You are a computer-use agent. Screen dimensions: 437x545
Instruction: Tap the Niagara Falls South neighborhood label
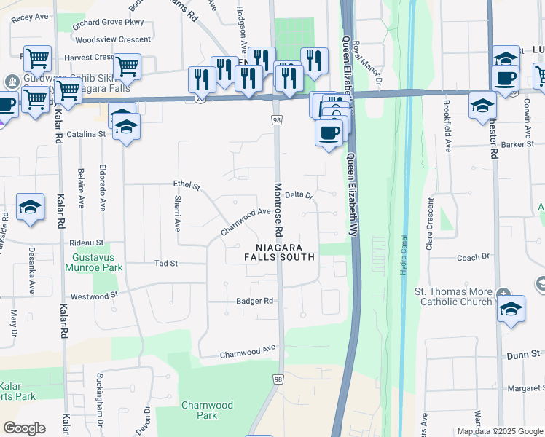tap(280, 252)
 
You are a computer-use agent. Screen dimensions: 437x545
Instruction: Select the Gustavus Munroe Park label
tap(98, 263)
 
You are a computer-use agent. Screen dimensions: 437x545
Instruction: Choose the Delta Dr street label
tap(299, 195)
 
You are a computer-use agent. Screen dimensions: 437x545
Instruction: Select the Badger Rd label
tap(254, 301)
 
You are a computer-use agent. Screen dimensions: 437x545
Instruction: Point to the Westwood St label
tap(94, 296)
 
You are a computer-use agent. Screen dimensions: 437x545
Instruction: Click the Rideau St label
tap(86, 242)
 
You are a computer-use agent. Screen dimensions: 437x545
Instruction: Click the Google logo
tap(24, 428)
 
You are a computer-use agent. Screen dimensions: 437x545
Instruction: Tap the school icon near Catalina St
tap(126, 128)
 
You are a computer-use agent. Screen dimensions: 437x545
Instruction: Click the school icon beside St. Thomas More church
tap(511, 308)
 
